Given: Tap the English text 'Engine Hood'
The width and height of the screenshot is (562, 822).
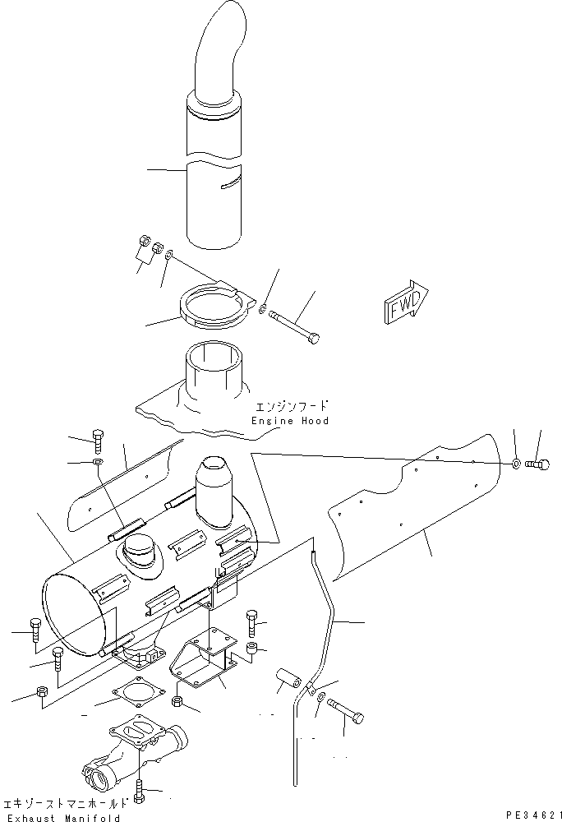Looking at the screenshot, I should pos(291,421).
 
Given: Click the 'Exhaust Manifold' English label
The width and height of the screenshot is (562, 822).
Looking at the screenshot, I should pos(62,817).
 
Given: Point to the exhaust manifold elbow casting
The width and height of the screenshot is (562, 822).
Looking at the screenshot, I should pos(131,752).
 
